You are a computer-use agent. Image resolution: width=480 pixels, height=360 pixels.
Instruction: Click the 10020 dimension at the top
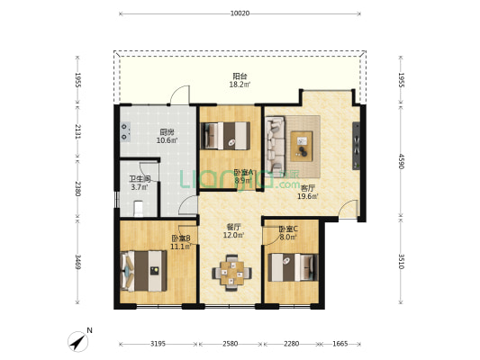(240, 13)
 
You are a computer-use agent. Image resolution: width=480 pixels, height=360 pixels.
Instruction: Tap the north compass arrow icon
(77, 342)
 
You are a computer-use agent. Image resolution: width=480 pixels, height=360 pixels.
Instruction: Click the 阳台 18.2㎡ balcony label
(240, 80)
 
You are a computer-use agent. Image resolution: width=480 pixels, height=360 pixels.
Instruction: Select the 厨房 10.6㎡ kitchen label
(167, 137)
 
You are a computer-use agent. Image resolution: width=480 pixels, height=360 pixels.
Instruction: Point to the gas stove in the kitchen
(125, 131)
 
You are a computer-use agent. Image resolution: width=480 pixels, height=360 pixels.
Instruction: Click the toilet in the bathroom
(139, 208)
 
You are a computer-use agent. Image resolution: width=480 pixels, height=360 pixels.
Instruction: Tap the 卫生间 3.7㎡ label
(140, 183)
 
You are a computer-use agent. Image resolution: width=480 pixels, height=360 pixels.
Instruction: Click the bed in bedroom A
(225, 136)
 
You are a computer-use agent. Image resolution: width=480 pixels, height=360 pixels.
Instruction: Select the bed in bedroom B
(144, 271)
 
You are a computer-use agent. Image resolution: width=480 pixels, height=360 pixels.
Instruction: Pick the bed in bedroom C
(293, 267)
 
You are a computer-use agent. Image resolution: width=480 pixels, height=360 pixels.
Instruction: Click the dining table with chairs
(232, 272)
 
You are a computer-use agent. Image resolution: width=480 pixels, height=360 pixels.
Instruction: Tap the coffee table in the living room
(302, 146)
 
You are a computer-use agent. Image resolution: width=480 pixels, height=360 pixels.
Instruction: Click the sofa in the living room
(275, 146)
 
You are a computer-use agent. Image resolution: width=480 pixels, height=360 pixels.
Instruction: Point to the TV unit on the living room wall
(356, 146)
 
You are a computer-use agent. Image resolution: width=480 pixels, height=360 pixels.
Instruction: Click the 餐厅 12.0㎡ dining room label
(234, 231)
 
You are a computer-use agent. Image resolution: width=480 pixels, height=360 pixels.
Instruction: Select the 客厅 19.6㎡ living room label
(307, 192)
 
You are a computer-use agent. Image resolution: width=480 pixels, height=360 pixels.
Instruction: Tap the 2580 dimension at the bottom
(231, 344)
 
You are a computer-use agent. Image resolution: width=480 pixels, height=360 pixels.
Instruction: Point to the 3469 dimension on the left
(77, 262)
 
